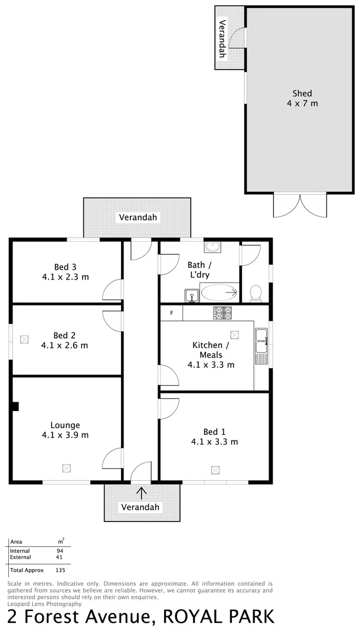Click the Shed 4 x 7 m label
click(302, 98)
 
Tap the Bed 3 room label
click(65, 271)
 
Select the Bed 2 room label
click(65, 340)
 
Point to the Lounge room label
click(65, 430)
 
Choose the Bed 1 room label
click(214, 436)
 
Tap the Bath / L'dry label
click(198, 270)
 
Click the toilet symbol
click(256, 293)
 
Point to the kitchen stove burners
click(222, 313)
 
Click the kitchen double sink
click(261, 343)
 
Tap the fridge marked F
click(171, 313)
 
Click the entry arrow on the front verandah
click(140, 492)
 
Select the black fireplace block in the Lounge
click(16, 406)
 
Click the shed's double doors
click(300, 205)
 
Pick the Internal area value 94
click(60, 550)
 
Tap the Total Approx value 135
click(60, 570)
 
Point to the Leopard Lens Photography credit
click(44, 603)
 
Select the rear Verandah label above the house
click(138, 217)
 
